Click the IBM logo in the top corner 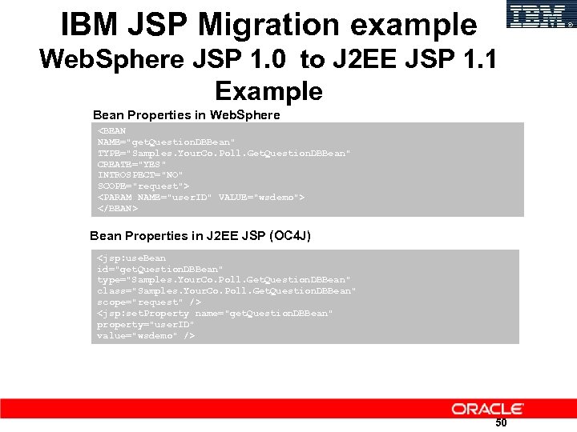[x=542, y=15]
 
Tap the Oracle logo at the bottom [x=487, y=409]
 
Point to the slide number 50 [x=501, y=423]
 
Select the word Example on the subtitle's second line [x=268, y=90]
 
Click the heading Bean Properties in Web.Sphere [x=187, y=115]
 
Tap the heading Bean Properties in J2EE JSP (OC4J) [x=200, y=236]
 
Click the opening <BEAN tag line [x=112, y=130]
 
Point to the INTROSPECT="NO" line [x=140, y=174]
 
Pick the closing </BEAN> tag [x=118, y=208]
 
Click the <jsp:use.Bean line [x=131, y=258]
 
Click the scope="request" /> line [x=149, y=302]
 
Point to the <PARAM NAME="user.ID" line [x=200, y=197]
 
